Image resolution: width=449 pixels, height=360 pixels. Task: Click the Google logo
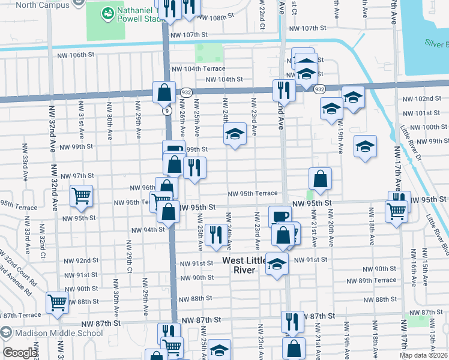tap(20, 353)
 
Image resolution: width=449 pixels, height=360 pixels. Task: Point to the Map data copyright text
tap(424, 355)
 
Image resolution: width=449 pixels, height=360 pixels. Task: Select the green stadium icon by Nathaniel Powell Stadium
tap(107, 12)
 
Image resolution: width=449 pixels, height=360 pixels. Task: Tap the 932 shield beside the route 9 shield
tap(185, 92)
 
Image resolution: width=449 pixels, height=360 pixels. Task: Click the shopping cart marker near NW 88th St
tap(57, 303)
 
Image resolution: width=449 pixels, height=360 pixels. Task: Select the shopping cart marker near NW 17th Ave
tap(396, 211)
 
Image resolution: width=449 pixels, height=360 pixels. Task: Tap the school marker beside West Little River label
tap(277, 264)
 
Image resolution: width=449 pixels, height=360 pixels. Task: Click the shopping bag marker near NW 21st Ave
tap(321, 178)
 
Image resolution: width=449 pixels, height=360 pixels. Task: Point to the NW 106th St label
tap(76, 55)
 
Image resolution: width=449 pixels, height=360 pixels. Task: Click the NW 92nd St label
tap(82, 260)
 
